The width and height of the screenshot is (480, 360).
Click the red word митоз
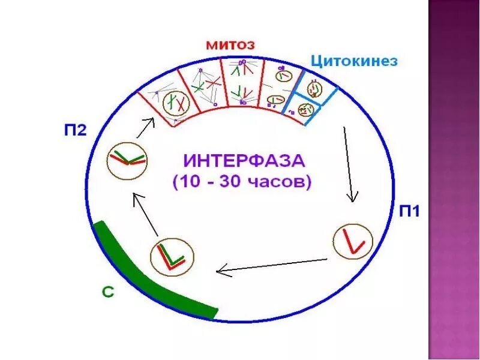click(230, 45)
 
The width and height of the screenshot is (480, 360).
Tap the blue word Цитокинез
click(354, 61)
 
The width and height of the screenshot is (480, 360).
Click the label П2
click(77, 130)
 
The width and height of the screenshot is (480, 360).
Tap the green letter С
click(107, 292)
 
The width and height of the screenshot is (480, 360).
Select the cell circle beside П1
click(353, 242)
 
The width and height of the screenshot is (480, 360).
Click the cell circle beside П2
click(127, 160)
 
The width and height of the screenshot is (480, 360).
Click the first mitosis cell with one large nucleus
click(175, 103)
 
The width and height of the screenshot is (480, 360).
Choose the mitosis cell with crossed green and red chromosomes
click(206, 84)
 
